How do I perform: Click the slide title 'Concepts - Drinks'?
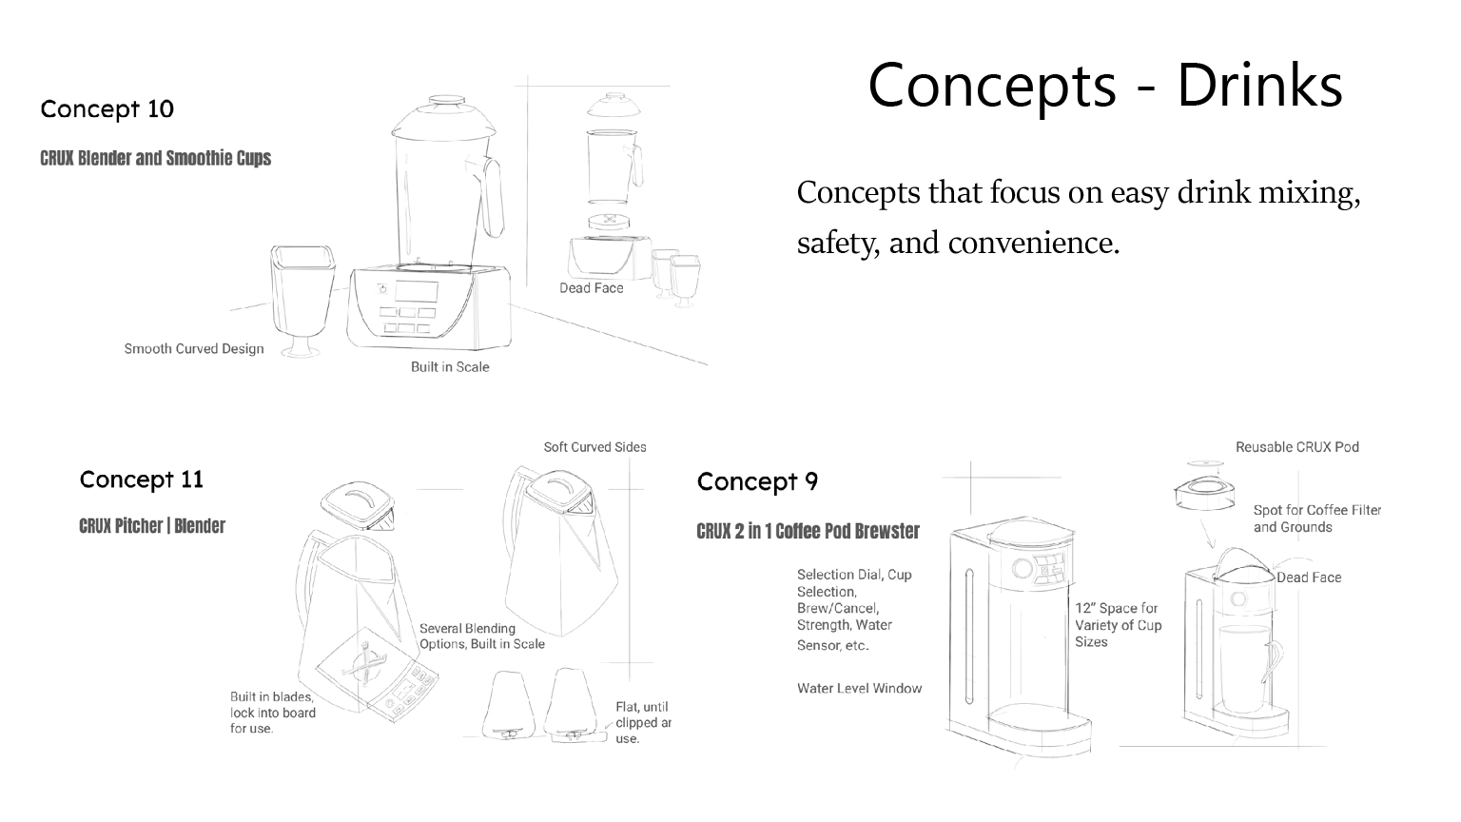pyautogui.click(x=1104, y=85)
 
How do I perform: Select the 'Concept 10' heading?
pyautogui.click(x=107, y=108)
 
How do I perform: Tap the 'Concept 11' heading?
pyautogui.click(x=142, y=479)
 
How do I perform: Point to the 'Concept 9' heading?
pyautogui.click(x=757, y=481)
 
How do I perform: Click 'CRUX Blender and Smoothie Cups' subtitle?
pyautogui.click(x=156, y=158)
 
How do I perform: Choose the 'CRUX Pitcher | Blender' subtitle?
pyautogui.click(x=152, y=526)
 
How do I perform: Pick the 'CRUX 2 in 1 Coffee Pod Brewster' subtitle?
pyautogui.click(x=808, y=531)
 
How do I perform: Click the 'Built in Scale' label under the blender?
pyautogui.click(x=450, y=367)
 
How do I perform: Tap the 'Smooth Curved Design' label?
pyautogui.click(x=194, y=349)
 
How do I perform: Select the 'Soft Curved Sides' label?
pyautogui.click(x=594, y=447)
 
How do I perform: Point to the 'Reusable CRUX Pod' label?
pyautogui.click(x=1296, y=447)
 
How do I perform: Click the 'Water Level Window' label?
pyautogui.click(x=859, y=689)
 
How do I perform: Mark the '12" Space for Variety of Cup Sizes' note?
pyautogui.click(x=1119, y=625)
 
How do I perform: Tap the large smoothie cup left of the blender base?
pyautogui.click(x=302, y=295)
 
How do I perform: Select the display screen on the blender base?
pyautogui.click(x=416, y=291)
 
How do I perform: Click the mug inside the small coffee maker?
pyautogui.click(x=1247, y=668)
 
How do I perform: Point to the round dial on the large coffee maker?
pyautogui.click(x=1023, y=568)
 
